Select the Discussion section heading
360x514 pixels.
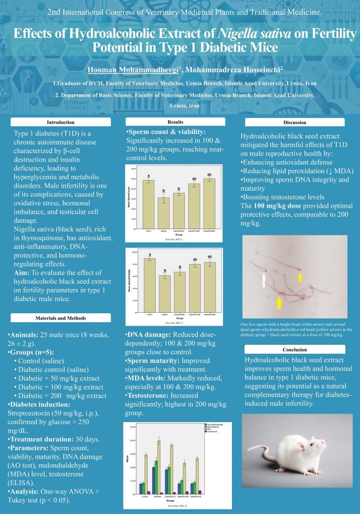(294, 122)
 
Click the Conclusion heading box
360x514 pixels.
(294, 349)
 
